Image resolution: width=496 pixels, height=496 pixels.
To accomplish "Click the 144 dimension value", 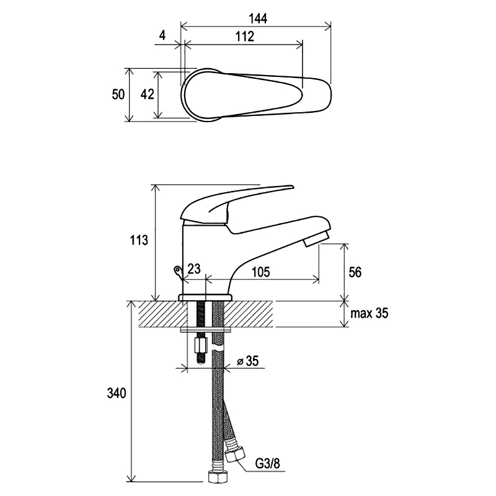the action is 258,19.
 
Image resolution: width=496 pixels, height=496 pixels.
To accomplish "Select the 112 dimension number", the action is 245,37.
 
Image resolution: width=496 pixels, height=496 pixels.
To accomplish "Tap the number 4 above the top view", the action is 162,35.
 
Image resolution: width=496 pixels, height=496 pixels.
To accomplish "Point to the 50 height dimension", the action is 118,94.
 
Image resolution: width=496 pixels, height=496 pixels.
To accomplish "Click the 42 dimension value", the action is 147,94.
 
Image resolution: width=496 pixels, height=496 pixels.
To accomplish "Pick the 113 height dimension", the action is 139,240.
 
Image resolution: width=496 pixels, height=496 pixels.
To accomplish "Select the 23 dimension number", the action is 194,269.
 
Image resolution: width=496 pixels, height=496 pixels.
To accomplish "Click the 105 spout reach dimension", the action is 260,272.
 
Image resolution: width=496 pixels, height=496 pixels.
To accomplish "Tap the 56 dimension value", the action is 355,272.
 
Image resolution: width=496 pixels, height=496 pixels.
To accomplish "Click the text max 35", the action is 369,313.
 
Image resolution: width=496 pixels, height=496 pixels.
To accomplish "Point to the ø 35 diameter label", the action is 247,361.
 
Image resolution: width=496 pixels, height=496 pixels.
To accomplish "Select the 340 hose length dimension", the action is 117,393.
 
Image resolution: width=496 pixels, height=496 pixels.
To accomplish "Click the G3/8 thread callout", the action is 268,464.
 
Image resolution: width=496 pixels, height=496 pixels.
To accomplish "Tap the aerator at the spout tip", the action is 316,239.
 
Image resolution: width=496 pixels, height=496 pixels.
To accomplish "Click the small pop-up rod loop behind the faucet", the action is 178,271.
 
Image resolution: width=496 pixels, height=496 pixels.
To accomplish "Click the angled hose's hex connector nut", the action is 234,454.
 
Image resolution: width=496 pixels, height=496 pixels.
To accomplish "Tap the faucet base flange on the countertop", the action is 205,298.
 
